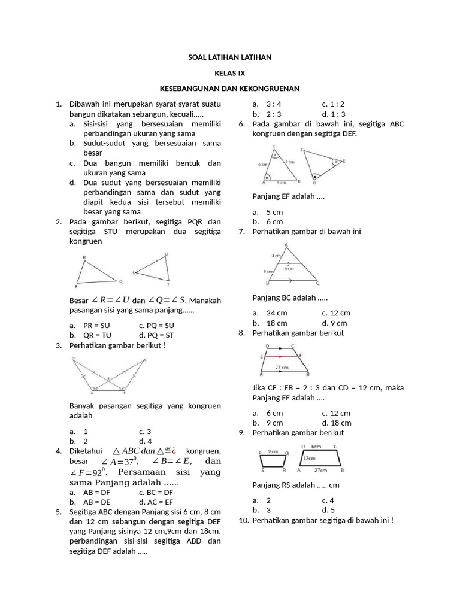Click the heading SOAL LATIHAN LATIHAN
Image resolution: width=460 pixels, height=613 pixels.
(x=230, y=57)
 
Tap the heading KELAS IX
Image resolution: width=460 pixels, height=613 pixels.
(x=230, y=72)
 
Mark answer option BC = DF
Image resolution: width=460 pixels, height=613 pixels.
(x=159, y=491)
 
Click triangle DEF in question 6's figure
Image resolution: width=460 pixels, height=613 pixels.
(x=323, y=164)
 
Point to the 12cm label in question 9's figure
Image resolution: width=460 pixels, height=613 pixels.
(x=309, y=458)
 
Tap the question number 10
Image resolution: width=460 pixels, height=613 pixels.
(x=243, y=520)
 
